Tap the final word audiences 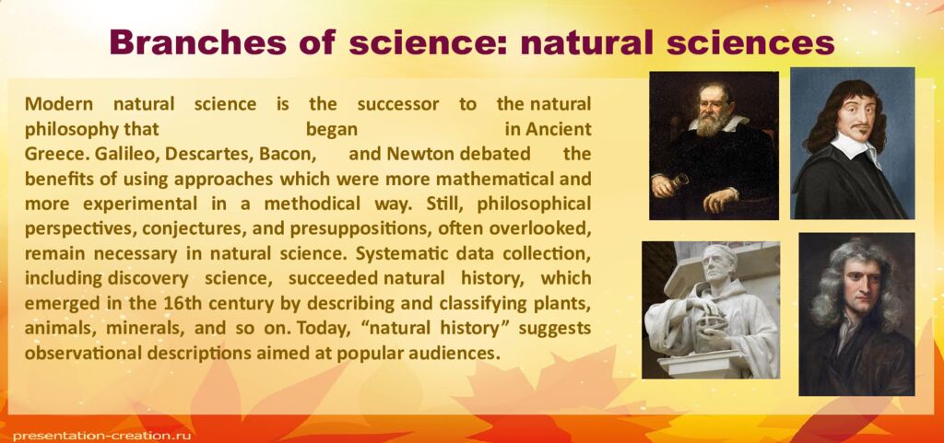pos(457,353)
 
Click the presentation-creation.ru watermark pos(93,434)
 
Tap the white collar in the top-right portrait pos(853,146)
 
